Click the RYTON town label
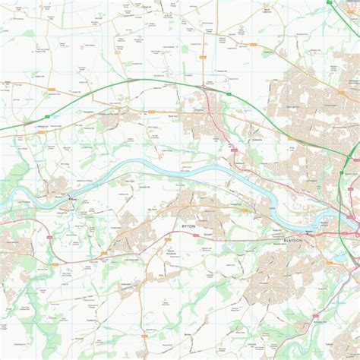pyautogui.click(x=190, y=226)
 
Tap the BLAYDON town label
pyautogui.click(x=292, y=239)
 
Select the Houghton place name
pyautogui.click(x=88, y=111)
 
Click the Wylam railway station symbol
pyautogui.click(x=70, y=199)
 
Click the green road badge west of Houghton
pyautogui.click(x=52, y=90)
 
